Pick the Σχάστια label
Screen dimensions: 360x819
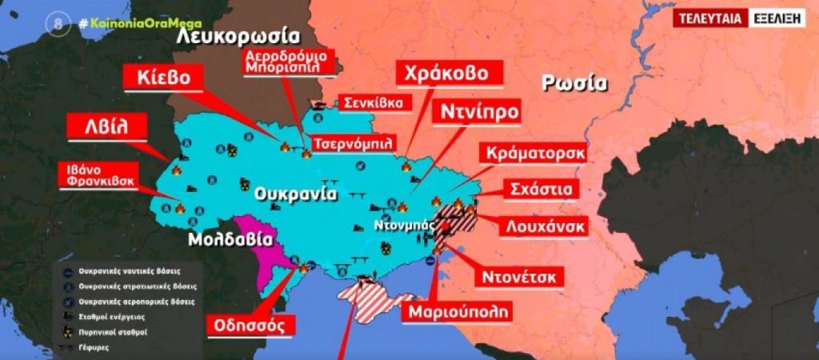tap(542, 190)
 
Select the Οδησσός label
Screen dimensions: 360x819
tap(246, 325)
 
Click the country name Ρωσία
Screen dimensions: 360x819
tap(575, 82)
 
